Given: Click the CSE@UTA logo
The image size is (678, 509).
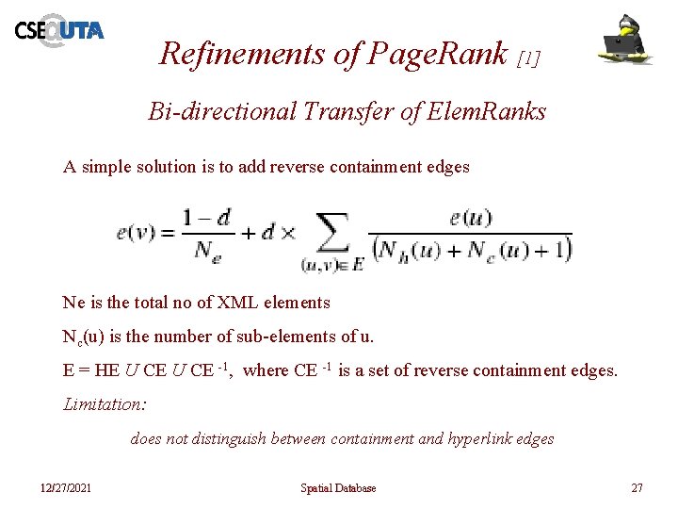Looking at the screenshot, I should click(x=58, y=30).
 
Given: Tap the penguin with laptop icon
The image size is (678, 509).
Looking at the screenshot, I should click(x=627, y=40).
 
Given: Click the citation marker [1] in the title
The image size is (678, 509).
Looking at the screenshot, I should click(x=529, y=58).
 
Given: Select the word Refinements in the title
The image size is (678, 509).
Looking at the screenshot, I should click(x=242, y=54).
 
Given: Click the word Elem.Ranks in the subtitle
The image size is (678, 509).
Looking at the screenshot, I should click(x=486, y=112).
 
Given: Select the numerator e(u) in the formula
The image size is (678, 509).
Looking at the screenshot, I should click(x=470, y=218).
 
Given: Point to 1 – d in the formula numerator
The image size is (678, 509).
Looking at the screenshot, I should click(x=208, y=218).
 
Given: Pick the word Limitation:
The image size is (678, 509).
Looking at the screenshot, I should click(x=105, y=404).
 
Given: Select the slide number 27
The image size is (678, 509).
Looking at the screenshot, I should click(x=637, y=488).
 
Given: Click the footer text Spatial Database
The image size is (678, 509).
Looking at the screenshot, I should click(x=338, y=488).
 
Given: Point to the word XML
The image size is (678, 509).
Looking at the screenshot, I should click(x=241, y=303).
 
